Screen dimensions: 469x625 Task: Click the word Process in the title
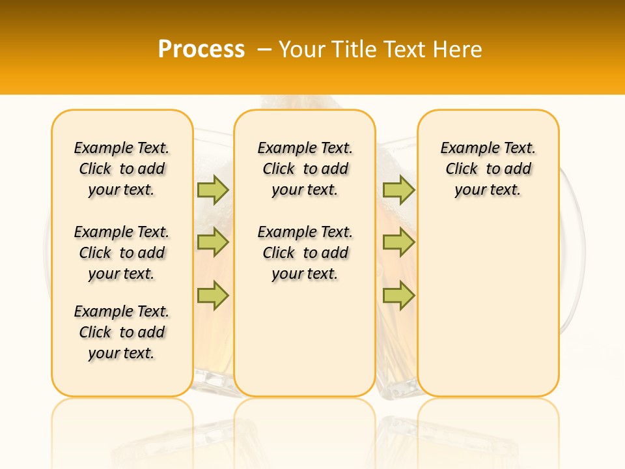point(201,50)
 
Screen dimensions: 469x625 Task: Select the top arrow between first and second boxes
point(213,190)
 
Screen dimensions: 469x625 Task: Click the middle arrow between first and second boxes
point(213,242)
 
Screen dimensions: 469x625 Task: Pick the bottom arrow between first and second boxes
point(213,295)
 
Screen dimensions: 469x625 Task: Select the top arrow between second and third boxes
point(398,190)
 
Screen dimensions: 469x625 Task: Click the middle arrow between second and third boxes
point(398,242)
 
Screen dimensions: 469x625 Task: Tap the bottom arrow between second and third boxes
point(398,295)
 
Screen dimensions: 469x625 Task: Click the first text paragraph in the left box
point(122,169)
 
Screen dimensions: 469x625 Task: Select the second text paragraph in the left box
point(122,253)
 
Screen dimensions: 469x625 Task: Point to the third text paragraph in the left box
point(122,332)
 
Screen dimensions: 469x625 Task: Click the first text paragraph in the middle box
point(305,169)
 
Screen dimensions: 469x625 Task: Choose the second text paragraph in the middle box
point(305,253)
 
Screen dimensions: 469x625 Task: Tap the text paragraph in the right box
point(488,169)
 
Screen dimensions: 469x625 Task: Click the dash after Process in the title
point(264,50)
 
